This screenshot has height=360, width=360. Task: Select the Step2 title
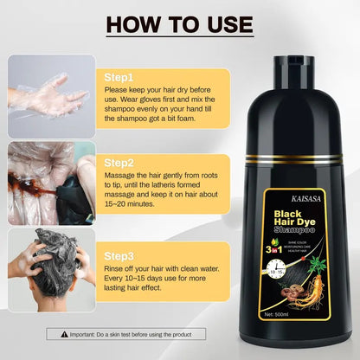click(x=117, y=161)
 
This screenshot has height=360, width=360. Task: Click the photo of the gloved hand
click(x=52, y=94)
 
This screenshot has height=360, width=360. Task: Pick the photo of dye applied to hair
click(x=52, y=181)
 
